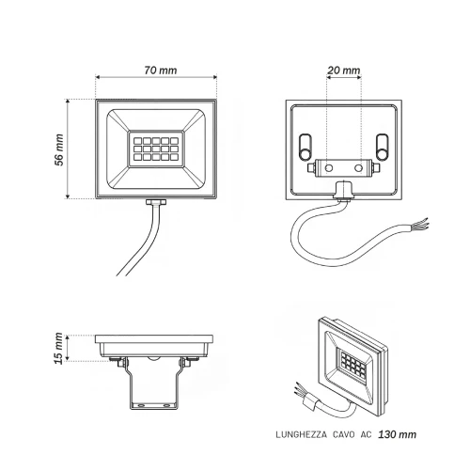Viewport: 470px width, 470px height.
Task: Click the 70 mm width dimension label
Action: tap(161, 70)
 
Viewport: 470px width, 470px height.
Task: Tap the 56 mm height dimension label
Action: tap(59, 149)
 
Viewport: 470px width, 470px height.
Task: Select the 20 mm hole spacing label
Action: tap(344, 70)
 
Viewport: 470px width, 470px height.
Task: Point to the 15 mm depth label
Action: tap(59, 348)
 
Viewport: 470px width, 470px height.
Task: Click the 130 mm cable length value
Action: tap(398, 434)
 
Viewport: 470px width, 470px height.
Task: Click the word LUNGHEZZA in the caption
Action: tap(302, 435)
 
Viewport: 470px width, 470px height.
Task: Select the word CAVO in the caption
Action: tap(344, 435)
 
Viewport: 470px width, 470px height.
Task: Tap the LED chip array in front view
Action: tap(156, 149)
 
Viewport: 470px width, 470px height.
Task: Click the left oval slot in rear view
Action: tap(305, 147)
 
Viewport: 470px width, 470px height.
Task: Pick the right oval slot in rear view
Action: tap(382, 147)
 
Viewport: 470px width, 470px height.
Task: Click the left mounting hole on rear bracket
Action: tap(329, 168)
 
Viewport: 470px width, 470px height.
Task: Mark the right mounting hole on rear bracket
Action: tap(358, 168)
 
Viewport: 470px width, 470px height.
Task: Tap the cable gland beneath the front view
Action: tap(156, 202)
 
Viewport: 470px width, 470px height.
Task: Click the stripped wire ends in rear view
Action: tap(420, 225)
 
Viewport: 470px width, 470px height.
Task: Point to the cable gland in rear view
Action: tap(344, 190)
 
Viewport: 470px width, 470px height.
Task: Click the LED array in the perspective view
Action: tap(353, 364)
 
